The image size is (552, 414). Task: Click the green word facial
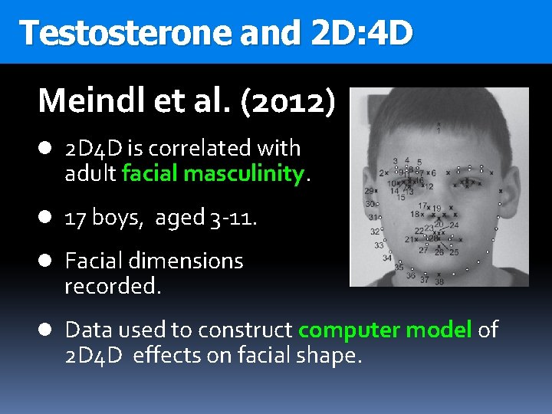(x=150, y=174)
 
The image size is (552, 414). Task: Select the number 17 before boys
(x=75, y=219)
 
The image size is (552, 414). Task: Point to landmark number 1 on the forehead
(x=439, y=130)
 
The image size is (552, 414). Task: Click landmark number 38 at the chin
(x=439, y=281)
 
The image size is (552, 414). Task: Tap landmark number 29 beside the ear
(x=370, y=190)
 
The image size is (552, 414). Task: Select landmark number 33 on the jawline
(x=379, y=245)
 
